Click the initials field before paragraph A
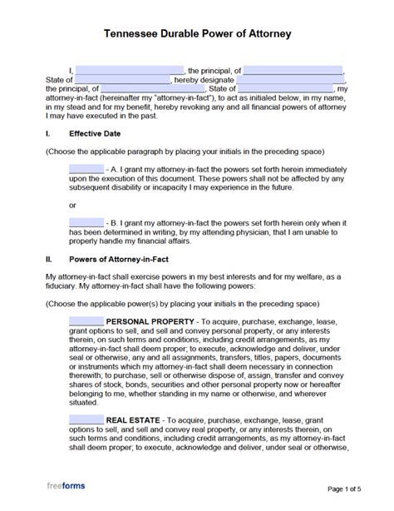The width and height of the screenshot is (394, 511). coord(86,168)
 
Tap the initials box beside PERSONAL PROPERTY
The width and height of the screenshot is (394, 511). coord(86,320)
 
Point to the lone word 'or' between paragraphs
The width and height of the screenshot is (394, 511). coord(72,205)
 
